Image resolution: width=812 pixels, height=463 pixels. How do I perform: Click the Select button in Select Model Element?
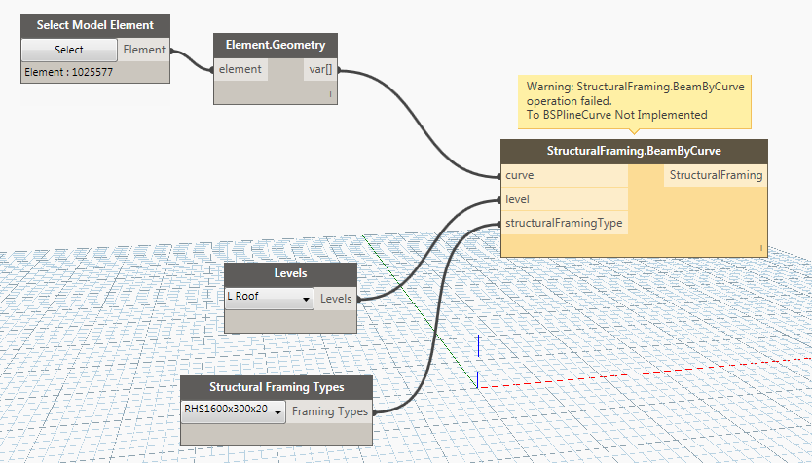coord(69,50)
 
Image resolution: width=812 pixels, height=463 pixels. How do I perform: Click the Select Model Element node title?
coord(94,24)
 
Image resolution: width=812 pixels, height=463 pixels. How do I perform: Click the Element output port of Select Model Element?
coord(144,50)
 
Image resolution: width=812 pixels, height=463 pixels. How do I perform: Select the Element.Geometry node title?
coord(275,45)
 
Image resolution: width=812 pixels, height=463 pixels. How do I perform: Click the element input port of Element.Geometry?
coord(240,69)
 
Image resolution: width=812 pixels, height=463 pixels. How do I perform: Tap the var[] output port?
coord(318,69)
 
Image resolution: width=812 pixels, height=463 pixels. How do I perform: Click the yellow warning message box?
coord(634,101)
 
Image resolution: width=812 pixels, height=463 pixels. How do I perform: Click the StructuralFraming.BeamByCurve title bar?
coord(634,152)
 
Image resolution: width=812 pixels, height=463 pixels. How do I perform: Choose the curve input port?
coord(520,176)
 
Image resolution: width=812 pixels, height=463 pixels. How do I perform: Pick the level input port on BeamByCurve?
coord(517,199)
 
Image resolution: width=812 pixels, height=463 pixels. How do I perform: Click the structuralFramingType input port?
coord(564,223)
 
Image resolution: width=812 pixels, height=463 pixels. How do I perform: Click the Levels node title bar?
coord(290,273)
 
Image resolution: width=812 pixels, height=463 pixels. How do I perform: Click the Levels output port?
coord(337,299)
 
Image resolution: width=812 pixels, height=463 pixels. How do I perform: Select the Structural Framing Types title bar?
coord(277,387)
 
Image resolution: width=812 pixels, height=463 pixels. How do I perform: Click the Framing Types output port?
coord(330,411)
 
